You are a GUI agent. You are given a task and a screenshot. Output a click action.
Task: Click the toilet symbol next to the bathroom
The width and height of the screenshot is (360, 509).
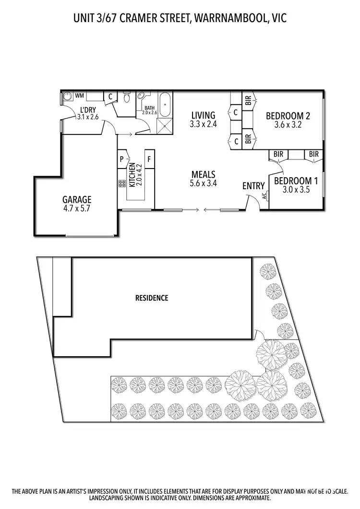click(x=127, y=97)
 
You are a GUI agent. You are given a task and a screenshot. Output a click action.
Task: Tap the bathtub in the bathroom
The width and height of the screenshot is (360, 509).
click(x=166, y=105)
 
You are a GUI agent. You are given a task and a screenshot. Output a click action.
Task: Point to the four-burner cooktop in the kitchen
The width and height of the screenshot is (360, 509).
click(x=121, y=183)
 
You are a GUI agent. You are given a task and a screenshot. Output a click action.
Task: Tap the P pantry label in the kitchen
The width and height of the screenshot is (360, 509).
click(x=122, y=158)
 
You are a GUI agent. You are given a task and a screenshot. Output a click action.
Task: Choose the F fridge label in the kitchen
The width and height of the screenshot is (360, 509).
click(x=149, y=158)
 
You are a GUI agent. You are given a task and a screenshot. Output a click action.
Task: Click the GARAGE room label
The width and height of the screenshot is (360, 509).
click(x=77, y=199)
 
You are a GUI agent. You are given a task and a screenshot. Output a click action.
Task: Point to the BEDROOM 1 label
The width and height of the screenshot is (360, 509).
click(x=296, y=181)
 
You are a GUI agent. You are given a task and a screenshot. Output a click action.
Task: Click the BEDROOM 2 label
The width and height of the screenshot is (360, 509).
click(x=288, y=116)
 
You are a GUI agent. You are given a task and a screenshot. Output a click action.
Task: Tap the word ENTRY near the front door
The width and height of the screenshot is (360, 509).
click(x=253, y=186)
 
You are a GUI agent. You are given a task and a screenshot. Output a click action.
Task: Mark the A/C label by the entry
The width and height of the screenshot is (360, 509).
click(x=264, y=196)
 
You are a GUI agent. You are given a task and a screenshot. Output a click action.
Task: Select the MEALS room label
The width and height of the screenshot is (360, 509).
click(x=203, y=174)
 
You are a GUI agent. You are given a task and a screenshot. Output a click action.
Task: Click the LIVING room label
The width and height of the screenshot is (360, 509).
click(x=203, y=115)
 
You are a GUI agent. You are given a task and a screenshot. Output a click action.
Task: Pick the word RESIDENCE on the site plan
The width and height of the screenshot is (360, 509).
click(x=152, y=298)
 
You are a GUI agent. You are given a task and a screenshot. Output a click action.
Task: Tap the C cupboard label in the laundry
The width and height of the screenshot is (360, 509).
click(x=110, y=96)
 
